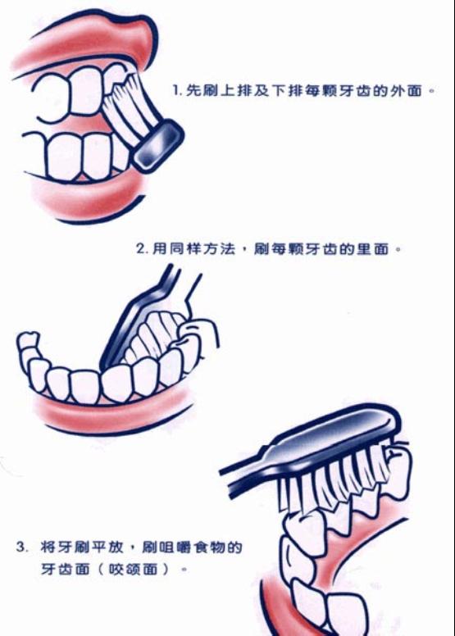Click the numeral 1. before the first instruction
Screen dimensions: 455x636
pos(176,90)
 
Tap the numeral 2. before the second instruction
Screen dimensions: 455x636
pos(142,248)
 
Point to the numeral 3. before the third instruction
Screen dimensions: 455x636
pos(22,547)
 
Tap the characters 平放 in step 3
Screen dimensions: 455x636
pos(107,547)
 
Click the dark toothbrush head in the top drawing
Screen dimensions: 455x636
pos(158,146)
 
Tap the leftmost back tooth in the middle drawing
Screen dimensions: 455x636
pos(28,342)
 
